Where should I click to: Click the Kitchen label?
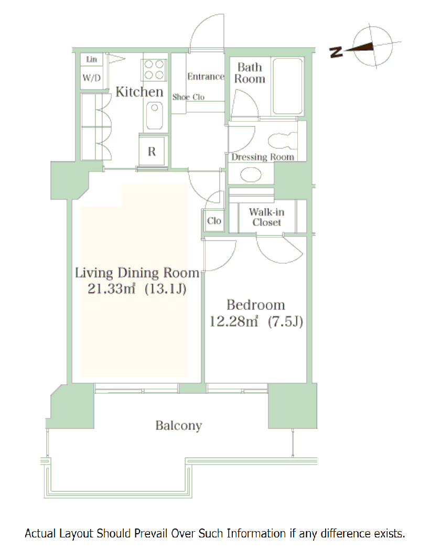point(139,92)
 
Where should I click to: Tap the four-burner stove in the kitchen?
point(154,70)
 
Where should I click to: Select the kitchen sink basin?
point(154,115)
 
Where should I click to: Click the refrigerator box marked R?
point(152,151)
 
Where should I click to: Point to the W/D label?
point(92,78)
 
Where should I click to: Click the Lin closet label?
point(92,59)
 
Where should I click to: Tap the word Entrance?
point(206,77)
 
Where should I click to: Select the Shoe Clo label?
point(188,97)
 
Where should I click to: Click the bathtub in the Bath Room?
point(287,87)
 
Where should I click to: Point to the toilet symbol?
point(283,141)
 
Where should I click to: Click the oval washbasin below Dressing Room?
point(251,175)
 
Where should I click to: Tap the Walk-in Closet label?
point(266,217)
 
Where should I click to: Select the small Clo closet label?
point(214,221)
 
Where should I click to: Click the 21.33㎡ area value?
point(111,288)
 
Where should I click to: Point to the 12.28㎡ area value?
point(233,321)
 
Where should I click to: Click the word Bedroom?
point(256,305)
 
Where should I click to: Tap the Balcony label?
point(178,426)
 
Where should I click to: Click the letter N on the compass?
point(336,52)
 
